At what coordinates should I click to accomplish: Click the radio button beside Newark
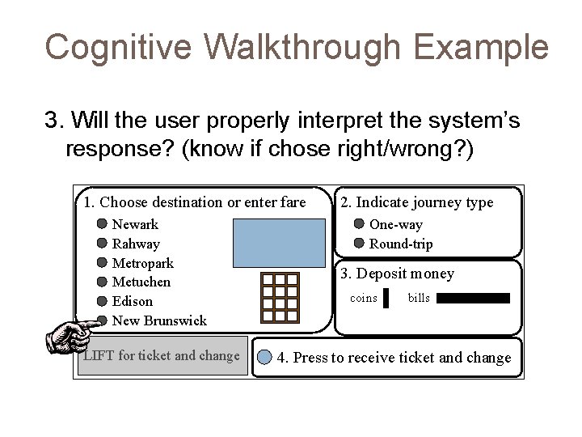[x=103, y=224]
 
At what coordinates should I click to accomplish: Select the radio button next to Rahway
[x=103, y=244]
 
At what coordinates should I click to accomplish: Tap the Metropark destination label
[x=142, y=263]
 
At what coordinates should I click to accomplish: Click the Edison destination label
[x=132, y=301]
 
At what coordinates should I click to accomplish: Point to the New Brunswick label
[x=159, y=320]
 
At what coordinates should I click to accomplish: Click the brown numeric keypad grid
[x=280, y=296]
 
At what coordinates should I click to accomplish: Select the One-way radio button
[x=360, y=224]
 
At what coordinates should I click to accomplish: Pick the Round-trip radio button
[x=360, y=244]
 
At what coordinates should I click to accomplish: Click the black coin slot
[x=386, y=299]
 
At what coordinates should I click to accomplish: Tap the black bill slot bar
[x=473, y=299]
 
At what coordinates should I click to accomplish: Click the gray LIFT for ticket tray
[x=162, y=356]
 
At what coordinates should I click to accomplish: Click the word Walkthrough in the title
[x=302, y=47]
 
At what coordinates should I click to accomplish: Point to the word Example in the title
[x=479, y=47]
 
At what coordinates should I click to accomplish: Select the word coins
[x=363, y=299]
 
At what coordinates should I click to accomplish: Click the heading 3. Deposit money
[x=397, y=274]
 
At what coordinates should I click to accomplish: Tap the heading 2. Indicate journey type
[x=416, y=202]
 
